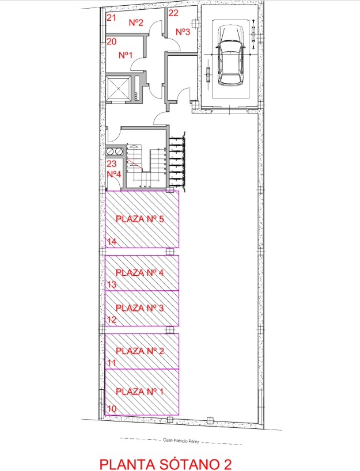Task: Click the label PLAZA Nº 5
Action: (x=140, y=219)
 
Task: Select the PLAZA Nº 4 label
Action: (x=140, y=272)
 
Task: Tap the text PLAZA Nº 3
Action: (x=140, y=308)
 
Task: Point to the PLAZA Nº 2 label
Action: (x=140, y=351)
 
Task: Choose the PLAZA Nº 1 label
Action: (x=140, y=392)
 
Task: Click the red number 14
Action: (x=112, y=241)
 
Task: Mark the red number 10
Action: (x=112, y=408)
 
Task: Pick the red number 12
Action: (x=112, y=320)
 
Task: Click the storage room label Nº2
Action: (x=136, y=22)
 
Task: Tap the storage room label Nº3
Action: (x=183, y=32)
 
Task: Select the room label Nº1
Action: (x=126, y=55)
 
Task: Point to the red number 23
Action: (x=112, y=164)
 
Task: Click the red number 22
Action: (x=173, y=13)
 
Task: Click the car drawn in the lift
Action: (x=230, y=55)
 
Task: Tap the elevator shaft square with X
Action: (x=119, y=89)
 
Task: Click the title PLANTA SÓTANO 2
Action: (x=165, y=464)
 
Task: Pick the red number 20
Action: (x=112, y=41)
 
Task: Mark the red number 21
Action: (x=111, y=18)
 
